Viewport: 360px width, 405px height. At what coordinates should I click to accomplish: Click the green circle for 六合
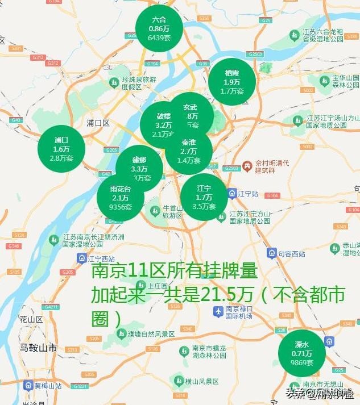click(159, 28)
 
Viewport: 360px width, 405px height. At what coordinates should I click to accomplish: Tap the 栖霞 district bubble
click(232, 82)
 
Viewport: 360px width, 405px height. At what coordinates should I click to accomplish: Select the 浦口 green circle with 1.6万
click(61, 149)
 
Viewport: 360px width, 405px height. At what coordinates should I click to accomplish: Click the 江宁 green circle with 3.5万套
click(204, 197)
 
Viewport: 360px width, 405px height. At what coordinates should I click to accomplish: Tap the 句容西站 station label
click(292, 253)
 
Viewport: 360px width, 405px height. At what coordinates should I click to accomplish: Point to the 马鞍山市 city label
click(38, 347)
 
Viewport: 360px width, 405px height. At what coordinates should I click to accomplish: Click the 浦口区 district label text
click(98, 123)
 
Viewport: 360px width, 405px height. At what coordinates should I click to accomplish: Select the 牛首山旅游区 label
click(172, 212)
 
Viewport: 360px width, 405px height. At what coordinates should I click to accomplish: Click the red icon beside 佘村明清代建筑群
click(247, 166)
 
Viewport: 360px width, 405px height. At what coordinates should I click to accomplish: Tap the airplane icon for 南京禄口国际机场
click(217, 312)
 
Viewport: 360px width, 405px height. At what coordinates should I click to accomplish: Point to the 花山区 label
click(31, 319)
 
